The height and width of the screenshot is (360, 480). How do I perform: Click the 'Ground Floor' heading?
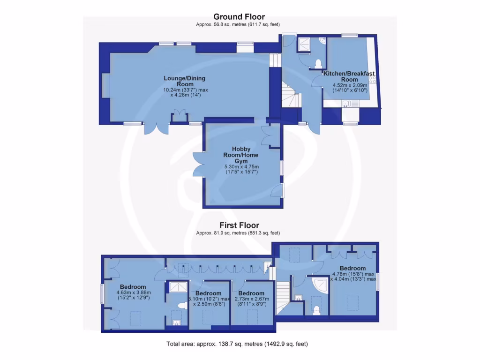240,17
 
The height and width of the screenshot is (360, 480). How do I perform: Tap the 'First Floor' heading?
240,225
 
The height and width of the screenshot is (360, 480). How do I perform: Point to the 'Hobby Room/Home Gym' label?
241,155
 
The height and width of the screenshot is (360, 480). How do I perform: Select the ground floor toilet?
318,63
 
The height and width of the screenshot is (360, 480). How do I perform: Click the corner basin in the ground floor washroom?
322,43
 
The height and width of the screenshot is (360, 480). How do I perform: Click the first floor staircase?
283,298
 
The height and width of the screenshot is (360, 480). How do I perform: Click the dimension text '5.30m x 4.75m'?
241,167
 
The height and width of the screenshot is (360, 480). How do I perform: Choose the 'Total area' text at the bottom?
237,344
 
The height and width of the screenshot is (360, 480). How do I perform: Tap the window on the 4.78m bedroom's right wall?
377,282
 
